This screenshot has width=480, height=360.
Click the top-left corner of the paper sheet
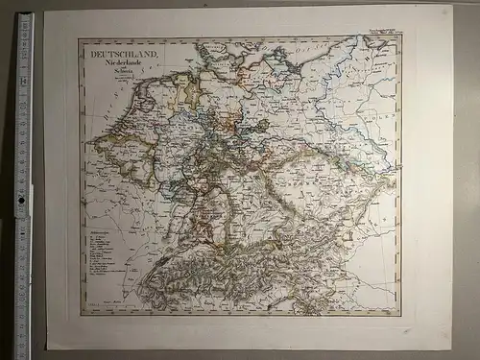pos(45,11)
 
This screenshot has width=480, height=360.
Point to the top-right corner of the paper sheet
pos(450,6)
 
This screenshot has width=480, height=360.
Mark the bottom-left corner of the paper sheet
pos(48,349)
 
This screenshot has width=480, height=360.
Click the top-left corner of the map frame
pos(80,38)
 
